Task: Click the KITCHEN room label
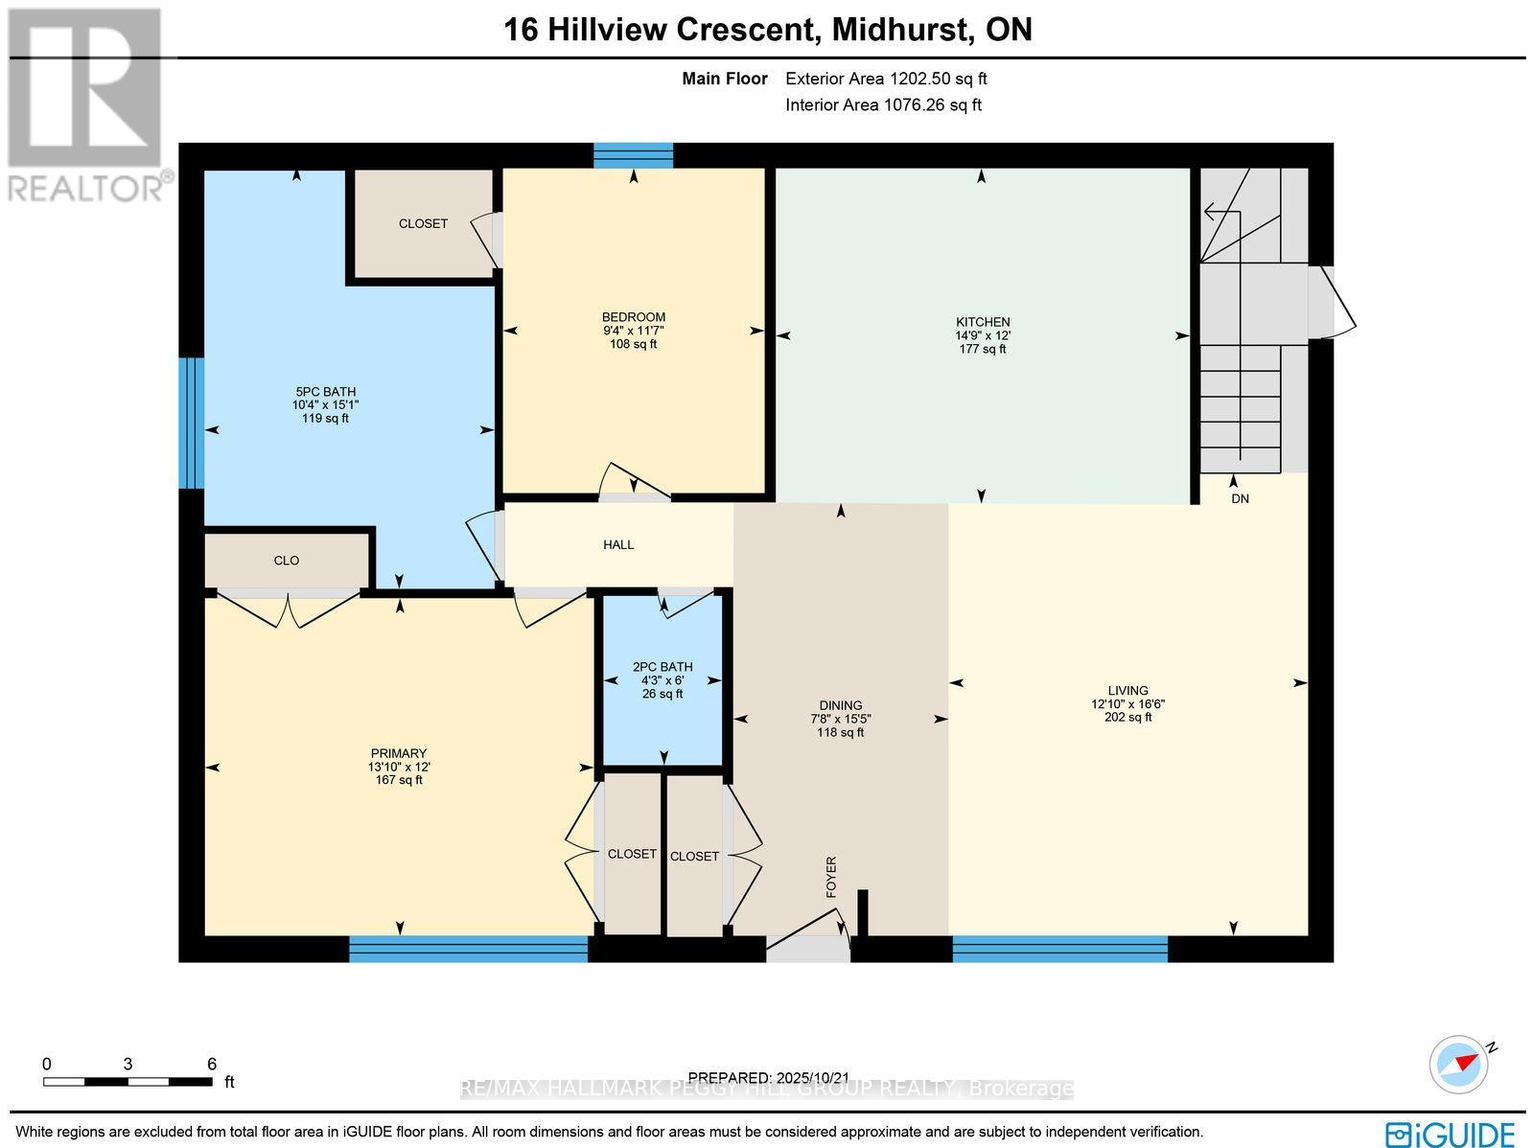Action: pos(983,322)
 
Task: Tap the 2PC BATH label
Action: pos(662,667)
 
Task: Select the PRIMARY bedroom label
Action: pos(399,753)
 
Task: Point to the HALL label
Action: pos(618,544)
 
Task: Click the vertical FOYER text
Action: pos(831,877)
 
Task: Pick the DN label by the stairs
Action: pos(1240,499)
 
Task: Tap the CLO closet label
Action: pos(287,561)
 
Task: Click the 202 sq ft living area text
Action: pos(1127,717)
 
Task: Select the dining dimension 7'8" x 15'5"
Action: pos(840,719)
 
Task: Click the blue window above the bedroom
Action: pos(633,154)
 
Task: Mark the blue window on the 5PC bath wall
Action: pos(192,423)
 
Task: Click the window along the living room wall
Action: pos(1059,949)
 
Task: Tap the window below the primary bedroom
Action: pos(468,949)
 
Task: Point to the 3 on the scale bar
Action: pos(127,1064)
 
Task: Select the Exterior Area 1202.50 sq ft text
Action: pos(886,80)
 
